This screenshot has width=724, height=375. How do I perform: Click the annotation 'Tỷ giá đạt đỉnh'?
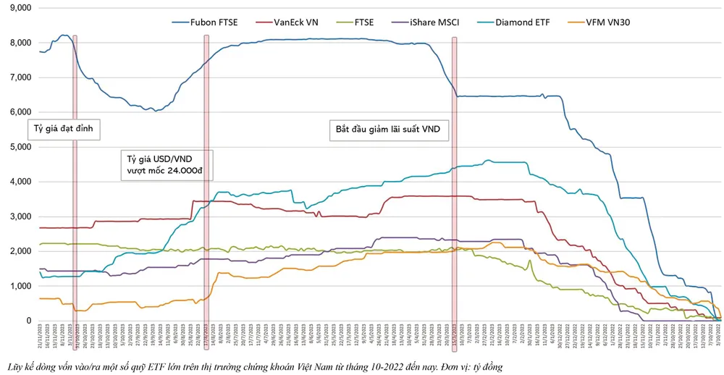click(64, 130)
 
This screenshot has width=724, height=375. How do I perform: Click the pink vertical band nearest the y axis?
click(75, 181)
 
